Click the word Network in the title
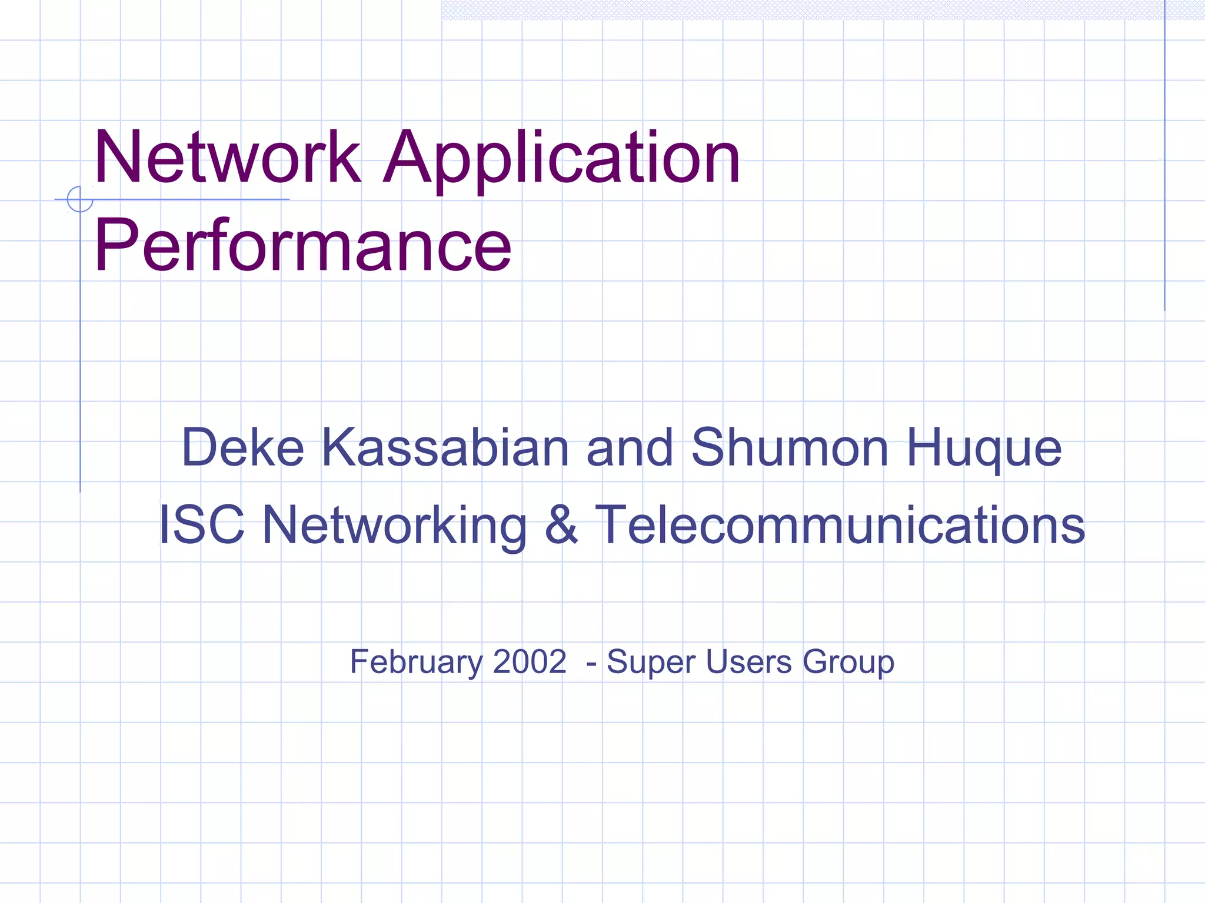tap(227, 158)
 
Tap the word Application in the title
tap(562, 159)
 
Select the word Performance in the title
tap(302, 245)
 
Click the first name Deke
tap(242, 448)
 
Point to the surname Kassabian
tap(445, 448)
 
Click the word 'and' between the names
tap(630, 448)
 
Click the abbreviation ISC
tap(202, 524)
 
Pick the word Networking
tap(394, 526)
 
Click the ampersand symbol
tap(561, 524)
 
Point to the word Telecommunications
tap(840, 524)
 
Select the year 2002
tap(530, 661)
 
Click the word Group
tap(848, 663)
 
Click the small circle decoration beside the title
tap(80, 199)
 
